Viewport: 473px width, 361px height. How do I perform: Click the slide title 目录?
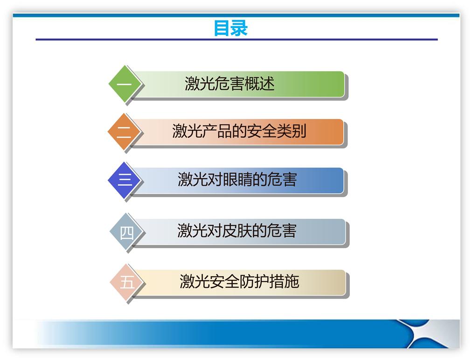230,28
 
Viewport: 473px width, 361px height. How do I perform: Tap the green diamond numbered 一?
124,84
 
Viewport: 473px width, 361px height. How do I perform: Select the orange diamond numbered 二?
124,132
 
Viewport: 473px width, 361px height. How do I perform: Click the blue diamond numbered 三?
124,180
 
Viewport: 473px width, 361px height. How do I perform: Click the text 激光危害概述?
230,84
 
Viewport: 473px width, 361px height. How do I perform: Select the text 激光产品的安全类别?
239,132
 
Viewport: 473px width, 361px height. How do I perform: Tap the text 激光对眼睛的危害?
237,180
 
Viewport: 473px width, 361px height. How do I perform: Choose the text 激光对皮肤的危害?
237,230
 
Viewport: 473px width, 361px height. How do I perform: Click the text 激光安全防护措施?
239,282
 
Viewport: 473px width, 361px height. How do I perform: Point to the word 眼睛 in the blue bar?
237,180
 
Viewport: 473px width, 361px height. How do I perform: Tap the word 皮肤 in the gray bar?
237,230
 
